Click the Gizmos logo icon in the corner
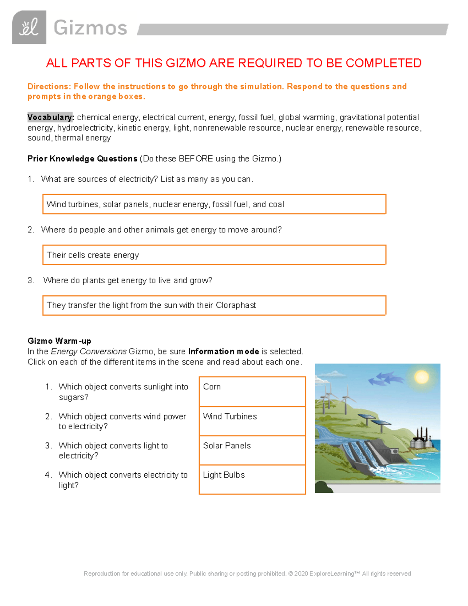(29, 27)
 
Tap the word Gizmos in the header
(90, 28)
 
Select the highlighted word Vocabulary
(50, 117)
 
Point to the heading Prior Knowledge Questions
(82, 159)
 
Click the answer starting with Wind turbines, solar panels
(165, 204)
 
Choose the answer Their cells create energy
(93, 255)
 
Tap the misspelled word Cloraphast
(236, 305)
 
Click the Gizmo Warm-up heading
(59, 341)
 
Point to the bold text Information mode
(223, 352)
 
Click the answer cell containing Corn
(252, 391)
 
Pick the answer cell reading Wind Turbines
(252, 421)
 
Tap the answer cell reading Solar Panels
(252, 450)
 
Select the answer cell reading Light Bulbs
(252, 479)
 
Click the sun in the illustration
(421, 377)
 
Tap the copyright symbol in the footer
(291, 574)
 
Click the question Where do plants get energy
(128, 281)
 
